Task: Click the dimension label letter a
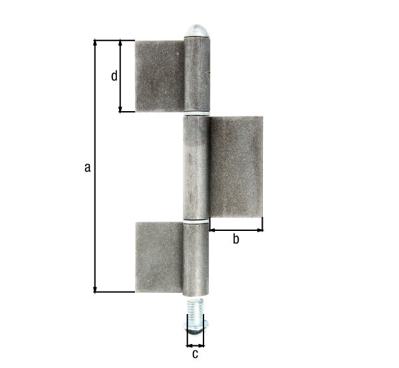(88, 168)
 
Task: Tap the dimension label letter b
(236, 239)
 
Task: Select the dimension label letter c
(195, 354)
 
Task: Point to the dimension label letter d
(114, 76)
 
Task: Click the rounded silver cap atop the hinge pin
(197, 31)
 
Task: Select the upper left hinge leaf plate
(160, 76)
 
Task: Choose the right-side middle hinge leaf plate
(236, 167)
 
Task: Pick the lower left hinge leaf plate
(160, 258)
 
